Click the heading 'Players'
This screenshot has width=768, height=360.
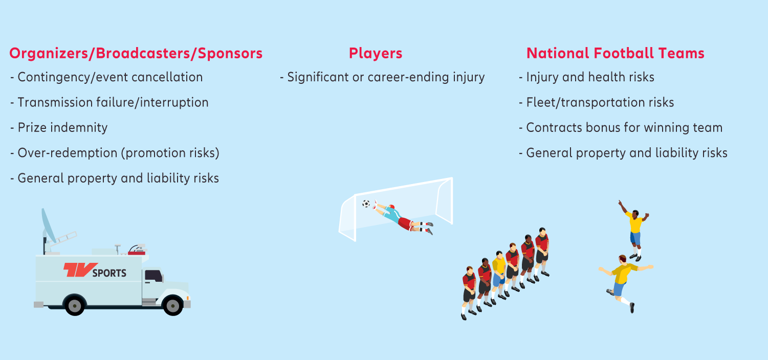[x=376, y=53]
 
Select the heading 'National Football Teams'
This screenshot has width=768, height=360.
[x=616, y=53]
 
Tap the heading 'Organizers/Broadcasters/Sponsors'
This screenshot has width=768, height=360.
[x=136, y=54]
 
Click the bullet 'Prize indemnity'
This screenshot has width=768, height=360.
[x=59, y=128]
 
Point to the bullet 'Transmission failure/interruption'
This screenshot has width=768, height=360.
[x=109, y=102]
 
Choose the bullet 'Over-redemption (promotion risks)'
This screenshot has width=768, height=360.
[x=115, y=153]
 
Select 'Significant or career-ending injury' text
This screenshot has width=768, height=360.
[x=382, y=77]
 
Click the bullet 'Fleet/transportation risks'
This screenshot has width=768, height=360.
[x=597, y=102]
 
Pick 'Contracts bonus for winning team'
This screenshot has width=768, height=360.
[x=621, y=128]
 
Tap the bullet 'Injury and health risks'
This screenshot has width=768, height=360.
[x=587, y=77]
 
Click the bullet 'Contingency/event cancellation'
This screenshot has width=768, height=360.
[x=106, y=77]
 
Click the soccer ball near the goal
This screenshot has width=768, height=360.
[x=366, y=204]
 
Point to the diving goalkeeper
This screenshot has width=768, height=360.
[x=403, y=218]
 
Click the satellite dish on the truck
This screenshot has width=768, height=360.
[x=48, y=226]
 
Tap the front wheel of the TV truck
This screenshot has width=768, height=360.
[x=172, y=305]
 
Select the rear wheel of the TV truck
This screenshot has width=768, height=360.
[x=75, y=305]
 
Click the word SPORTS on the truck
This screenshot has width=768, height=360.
[x=109, y=273]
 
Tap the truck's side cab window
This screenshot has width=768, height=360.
[x=153, y=276]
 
